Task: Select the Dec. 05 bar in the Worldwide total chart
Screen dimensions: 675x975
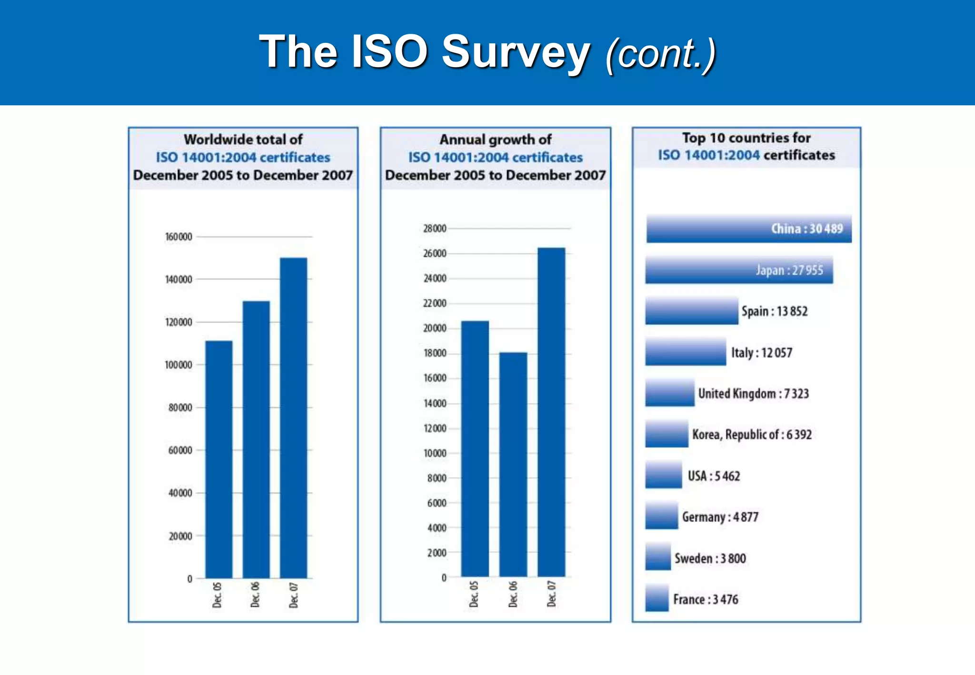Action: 219,459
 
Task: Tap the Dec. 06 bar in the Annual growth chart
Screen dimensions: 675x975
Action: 513,464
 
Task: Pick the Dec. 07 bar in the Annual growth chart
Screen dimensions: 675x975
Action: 551,412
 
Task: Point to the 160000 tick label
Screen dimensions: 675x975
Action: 179,237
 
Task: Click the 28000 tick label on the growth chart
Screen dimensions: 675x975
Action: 435,228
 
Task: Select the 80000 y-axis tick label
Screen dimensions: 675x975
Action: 180,407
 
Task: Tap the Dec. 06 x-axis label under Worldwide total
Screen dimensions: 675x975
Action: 255,594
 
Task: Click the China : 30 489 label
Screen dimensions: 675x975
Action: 806,229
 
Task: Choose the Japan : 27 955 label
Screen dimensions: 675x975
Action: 789,270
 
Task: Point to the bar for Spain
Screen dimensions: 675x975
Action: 691,311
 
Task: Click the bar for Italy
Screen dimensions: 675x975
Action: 686,352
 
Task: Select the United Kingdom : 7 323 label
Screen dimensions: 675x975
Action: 753,394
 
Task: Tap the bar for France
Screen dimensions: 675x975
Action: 657,598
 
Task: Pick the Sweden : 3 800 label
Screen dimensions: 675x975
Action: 710,558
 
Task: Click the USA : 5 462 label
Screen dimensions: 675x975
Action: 714,476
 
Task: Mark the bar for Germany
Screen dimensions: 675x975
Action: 661,516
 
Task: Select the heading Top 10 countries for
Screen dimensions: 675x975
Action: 746,138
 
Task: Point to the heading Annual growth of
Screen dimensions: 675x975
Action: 495,139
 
